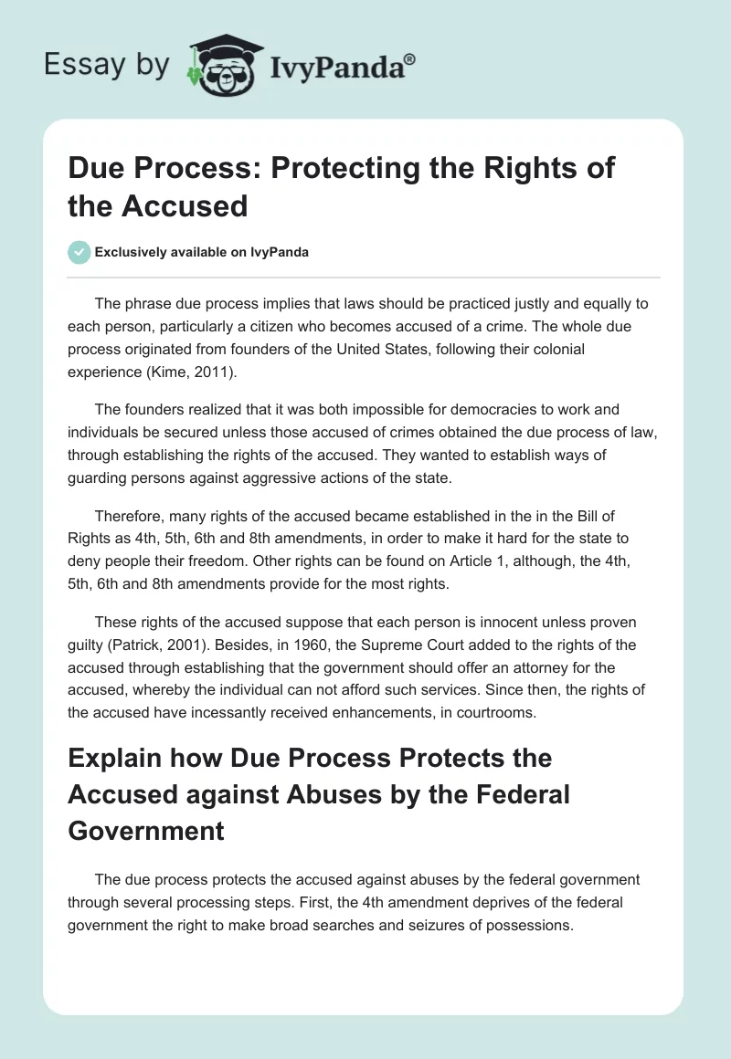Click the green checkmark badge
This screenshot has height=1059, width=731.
click(x=79, y=252)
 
